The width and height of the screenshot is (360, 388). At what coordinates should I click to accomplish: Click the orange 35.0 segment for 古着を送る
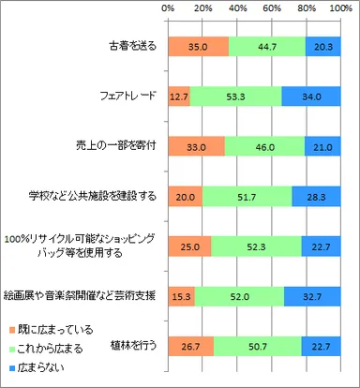[197, 47]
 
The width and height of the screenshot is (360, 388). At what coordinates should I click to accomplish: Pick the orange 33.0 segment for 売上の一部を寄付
[195, 146]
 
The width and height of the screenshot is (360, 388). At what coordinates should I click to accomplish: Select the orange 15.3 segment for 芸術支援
[180, 295]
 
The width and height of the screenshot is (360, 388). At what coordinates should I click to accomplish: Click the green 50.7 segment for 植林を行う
[257, 345]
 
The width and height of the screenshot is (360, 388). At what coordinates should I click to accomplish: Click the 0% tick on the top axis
[168, 8]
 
